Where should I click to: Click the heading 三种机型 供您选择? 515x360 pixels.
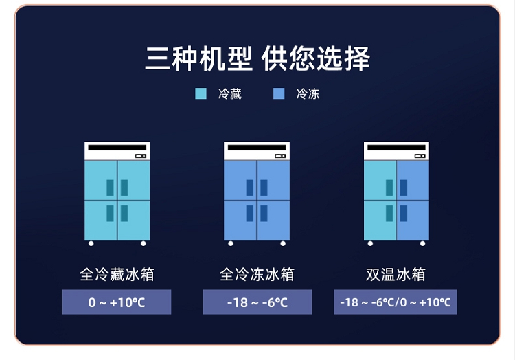tap(257, 58)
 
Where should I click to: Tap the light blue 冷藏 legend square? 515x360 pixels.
tap(201, 94)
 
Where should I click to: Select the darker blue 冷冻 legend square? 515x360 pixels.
tap(279, 94)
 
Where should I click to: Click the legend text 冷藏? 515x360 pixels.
tap(230, 94)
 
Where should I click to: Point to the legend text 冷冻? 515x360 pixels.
tap(308, 94)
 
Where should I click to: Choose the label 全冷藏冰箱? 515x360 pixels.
tap(117, 275)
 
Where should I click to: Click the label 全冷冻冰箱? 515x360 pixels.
tap(257, 275)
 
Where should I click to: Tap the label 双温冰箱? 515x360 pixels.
tap(396, 275)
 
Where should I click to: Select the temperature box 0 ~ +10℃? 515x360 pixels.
tap(117, 302)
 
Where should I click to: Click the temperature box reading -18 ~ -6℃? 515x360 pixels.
tap(257, 302)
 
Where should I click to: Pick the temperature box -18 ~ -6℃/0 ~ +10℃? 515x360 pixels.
tap(396, 302)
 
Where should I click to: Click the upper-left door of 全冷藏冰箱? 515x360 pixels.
tap(100, 181)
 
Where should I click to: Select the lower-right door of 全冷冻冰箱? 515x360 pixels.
tap(273, 221)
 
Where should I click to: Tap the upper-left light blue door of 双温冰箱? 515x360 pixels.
tap(380, 181)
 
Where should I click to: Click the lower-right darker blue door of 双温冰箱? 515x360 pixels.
tap(413, 221)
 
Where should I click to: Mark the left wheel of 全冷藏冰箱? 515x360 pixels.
tap(91, 243)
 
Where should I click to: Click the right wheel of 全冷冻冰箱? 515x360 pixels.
tap(283, 243)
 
